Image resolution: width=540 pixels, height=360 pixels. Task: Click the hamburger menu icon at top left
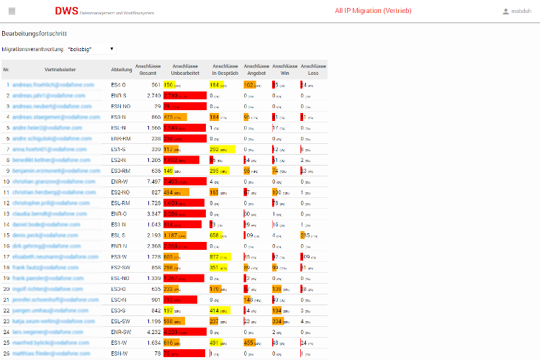click(x=12, y=11)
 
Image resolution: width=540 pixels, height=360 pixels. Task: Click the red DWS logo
click(x=67, y=11)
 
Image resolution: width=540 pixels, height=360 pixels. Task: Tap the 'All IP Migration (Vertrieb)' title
click(x=373, y=11)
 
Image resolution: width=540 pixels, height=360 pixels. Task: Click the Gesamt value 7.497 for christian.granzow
click(x=153, y=181)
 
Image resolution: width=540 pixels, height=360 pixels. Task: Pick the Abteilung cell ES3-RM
click(x=120, y=171)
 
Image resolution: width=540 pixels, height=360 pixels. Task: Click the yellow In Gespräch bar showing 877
click(x=220, y=256)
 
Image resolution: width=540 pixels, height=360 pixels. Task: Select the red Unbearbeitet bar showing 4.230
click(x=184, y=332)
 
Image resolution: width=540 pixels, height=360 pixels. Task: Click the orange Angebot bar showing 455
click(x=253, y=343)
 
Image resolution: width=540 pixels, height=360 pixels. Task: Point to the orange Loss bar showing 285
click(x=305, y=235)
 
